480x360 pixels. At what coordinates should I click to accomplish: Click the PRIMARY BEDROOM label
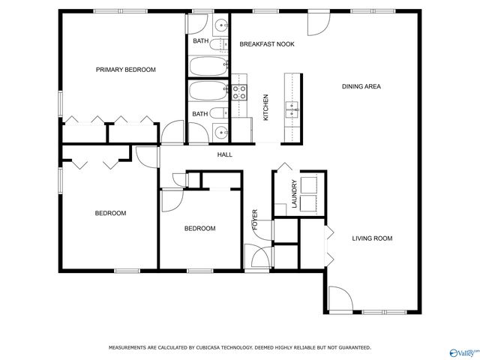[126, 70]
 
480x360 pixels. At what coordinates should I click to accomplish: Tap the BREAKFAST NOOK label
[267, 44]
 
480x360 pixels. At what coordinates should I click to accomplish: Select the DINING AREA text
[361, 87]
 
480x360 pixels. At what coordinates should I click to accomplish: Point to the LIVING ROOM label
[372, 238]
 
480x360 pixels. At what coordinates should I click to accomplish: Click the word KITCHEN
[265, 107]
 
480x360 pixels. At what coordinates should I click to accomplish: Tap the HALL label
[225, 155]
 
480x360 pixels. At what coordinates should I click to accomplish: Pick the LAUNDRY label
[295, 194]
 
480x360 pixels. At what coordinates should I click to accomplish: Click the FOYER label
[255, 220]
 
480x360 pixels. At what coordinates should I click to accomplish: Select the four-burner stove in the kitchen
[239, 92]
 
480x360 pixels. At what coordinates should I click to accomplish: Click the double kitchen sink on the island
[292, 110]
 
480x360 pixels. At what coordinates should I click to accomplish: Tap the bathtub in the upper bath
[208, 66]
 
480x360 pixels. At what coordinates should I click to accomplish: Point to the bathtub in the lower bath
[208, 91]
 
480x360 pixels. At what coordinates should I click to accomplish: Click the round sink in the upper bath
[220, 25]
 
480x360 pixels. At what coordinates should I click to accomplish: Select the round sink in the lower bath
[220, 133]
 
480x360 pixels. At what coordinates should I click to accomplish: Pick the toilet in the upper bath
[218, 45]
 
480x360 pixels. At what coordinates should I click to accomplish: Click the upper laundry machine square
[309, 184]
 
